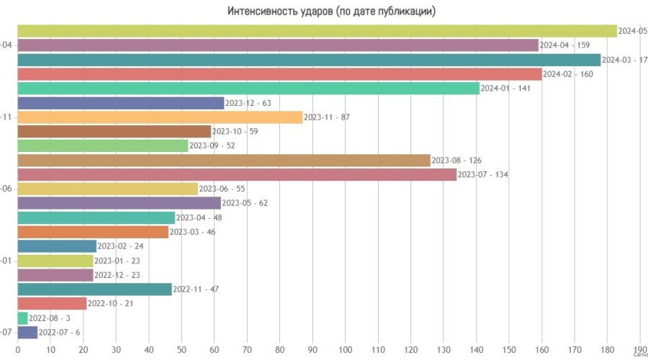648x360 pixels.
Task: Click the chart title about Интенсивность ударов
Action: point(331,12)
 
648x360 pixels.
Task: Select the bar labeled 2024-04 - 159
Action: point(277,45)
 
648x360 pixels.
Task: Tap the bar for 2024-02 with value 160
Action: point(279,74)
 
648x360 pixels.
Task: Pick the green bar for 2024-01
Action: point(248,89)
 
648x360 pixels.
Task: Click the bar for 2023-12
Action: point(120,103)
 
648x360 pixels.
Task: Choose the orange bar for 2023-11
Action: point(160,117)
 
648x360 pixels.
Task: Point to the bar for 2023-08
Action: point(223,160)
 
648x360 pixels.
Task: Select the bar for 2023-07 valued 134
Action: point(236,174)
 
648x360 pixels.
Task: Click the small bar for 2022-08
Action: point(22,318)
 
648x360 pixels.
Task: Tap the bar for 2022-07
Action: point(27,332)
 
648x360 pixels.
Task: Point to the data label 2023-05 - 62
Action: point(245,203)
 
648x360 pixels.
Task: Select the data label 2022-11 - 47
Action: point(196,289)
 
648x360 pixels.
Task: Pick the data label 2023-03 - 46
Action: point(192,232)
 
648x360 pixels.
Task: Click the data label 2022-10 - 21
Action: point(111,303)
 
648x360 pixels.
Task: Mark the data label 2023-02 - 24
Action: point(121,246)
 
